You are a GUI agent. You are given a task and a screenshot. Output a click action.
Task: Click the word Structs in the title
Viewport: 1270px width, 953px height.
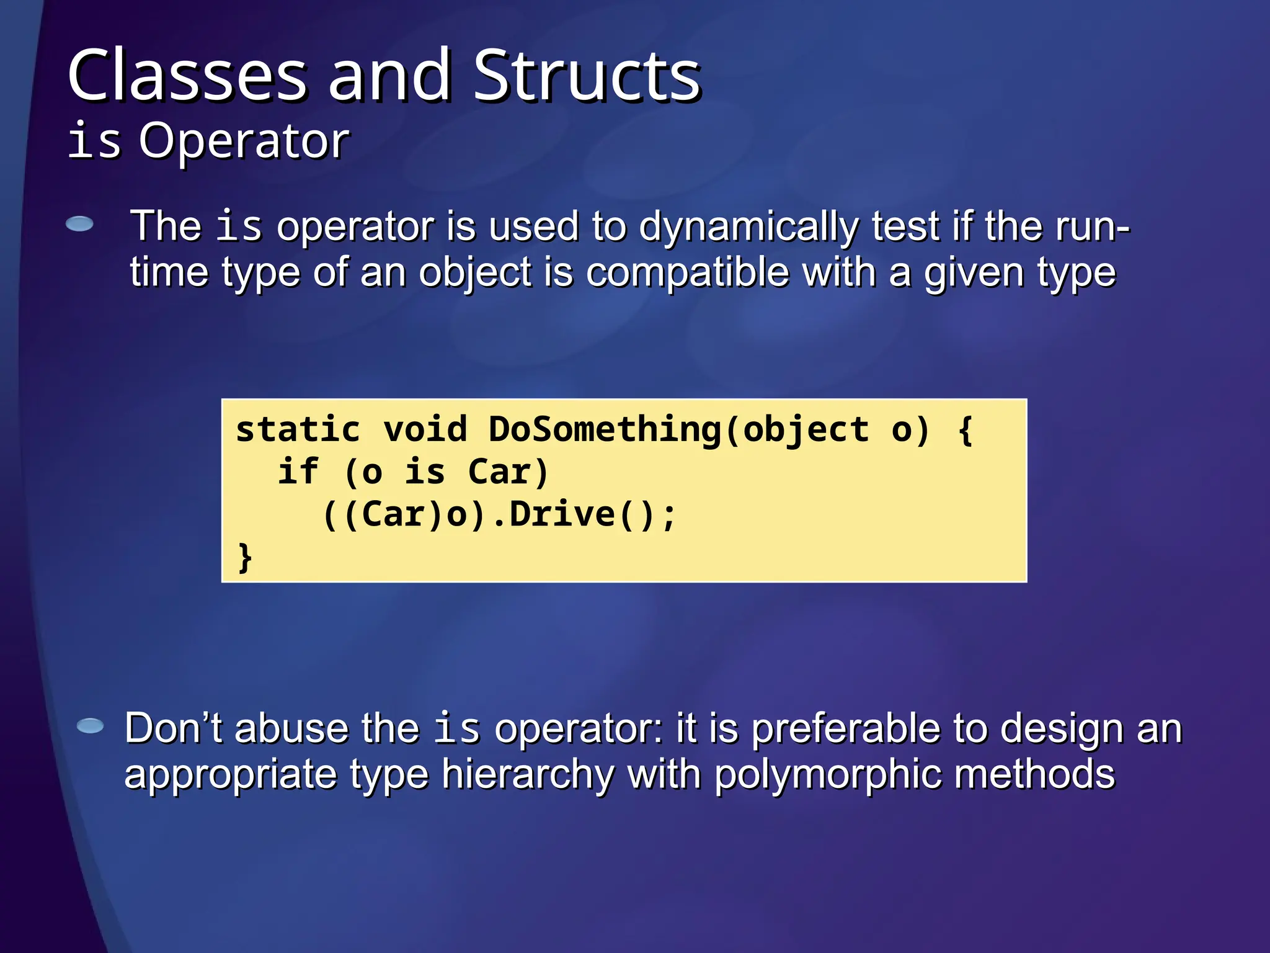587,76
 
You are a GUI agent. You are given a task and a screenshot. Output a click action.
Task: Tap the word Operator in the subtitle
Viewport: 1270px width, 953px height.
244,141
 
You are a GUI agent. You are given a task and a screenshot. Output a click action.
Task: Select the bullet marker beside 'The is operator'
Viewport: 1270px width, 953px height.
79,224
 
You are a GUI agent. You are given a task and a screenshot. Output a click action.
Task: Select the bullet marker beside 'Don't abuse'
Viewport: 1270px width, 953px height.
91,725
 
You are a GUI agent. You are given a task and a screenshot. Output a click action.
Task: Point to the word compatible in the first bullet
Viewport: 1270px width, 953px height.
686,273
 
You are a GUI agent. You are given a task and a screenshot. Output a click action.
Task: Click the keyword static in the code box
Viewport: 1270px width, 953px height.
298,430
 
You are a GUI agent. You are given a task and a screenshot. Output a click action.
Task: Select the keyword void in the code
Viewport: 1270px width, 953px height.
425,430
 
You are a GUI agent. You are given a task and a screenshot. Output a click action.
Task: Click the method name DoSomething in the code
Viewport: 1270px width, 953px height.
605,430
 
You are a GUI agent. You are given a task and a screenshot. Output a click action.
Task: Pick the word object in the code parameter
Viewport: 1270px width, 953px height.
806,430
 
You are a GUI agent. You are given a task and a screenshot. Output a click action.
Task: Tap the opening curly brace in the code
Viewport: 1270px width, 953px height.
965,430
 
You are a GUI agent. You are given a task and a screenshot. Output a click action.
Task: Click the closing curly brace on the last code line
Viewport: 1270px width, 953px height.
245,557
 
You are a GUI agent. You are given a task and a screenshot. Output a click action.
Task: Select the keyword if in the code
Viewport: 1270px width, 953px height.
298,472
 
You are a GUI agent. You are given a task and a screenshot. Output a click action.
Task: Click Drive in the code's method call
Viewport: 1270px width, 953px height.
562,514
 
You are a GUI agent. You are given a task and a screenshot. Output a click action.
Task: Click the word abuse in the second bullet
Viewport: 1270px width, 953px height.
291,728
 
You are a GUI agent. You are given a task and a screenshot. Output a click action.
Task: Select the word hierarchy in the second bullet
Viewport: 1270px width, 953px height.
528,775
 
